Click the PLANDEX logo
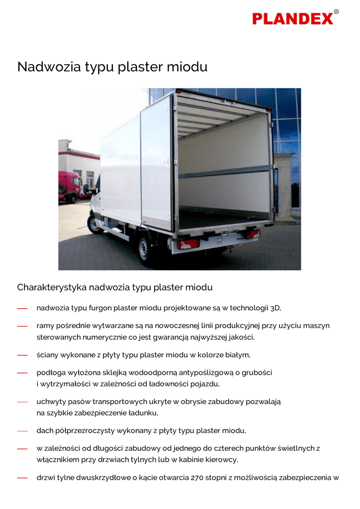pyautogui.click(x=292, y=19)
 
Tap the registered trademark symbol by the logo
pyautogui.click(x=337, y=11)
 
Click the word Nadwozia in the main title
pyautogui.click(x=42, y=67)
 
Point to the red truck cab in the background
pyautogui.click(x=69, y=186)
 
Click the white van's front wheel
pyautogui.click(x=94, y=224)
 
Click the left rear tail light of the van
pyautogui.click(x=188, y=244)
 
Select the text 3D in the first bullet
pyautogui.click(x=275, y=308)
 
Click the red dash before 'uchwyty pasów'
pyautogui.click(x=22, y=402)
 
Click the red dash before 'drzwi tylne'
pyautogui.click(x=22, y=478)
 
